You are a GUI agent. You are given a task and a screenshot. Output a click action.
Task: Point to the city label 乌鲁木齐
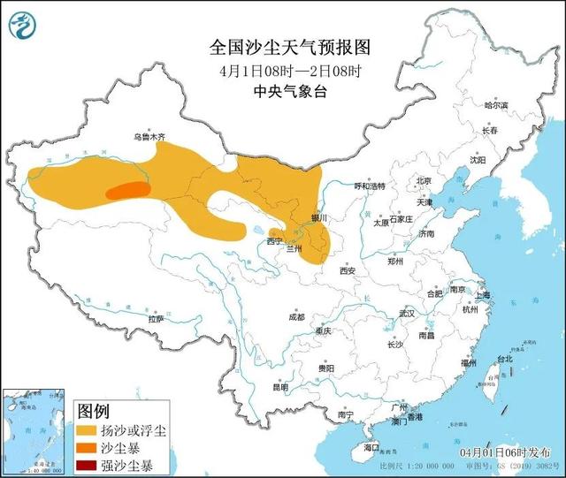coord(149,137)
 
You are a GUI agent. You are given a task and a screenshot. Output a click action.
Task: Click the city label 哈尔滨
coord(496,105)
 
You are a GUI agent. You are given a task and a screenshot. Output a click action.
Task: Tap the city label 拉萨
coord(156,318)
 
